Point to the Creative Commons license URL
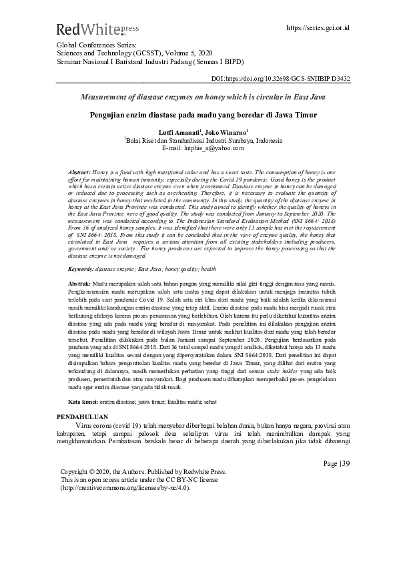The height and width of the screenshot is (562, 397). (x=125, y=487)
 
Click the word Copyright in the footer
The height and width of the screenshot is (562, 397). (x=79, y=471)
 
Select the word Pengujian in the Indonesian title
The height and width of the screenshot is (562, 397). (x=109, y=114)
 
